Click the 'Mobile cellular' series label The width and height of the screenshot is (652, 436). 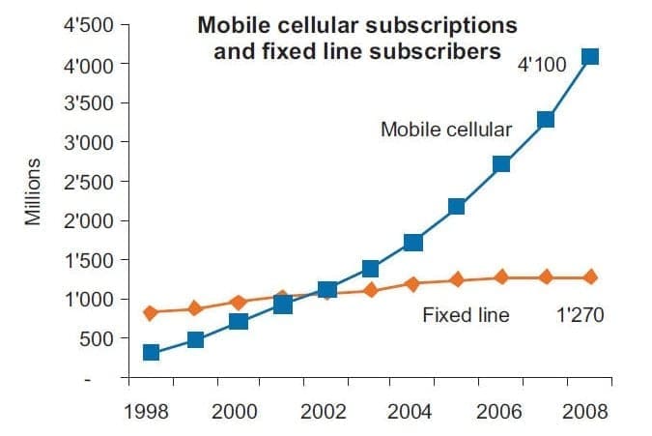click(445, 130)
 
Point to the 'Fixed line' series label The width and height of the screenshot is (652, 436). click(466, 314)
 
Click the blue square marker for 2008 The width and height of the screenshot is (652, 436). click(590, 56)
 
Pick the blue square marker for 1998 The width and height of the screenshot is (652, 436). click(151, 352)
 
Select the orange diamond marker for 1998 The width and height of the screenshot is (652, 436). click(151, 312)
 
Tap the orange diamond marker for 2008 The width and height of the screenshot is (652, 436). click(590, 277)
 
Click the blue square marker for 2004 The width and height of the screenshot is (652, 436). click(413, 242)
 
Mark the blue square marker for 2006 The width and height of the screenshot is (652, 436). click(501, 164)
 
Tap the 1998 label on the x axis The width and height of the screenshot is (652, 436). click(148, 411)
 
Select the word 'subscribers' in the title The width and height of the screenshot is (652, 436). click(437, 49)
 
